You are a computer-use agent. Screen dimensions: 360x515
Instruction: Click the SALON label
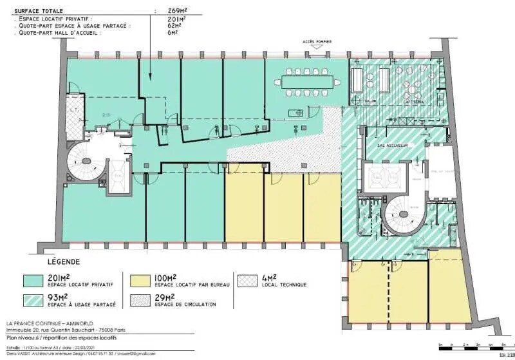[x=371, y=101]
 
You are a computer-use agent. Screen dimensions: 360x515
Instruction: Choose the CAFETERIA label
[x=414, y=101]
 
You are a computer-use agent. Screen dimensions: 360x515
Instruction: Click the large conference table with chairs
[x=310, y=82]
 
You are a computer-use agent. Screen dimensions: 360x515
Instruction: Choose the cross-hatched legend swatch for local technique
[x=247, y=281]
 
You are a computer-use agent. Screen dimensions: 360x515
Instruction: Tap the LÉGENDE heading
[x=64, y=262]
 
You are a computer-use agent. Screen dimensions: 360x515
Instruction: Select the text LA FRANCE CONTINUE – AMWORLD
[x=46, y=323]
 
